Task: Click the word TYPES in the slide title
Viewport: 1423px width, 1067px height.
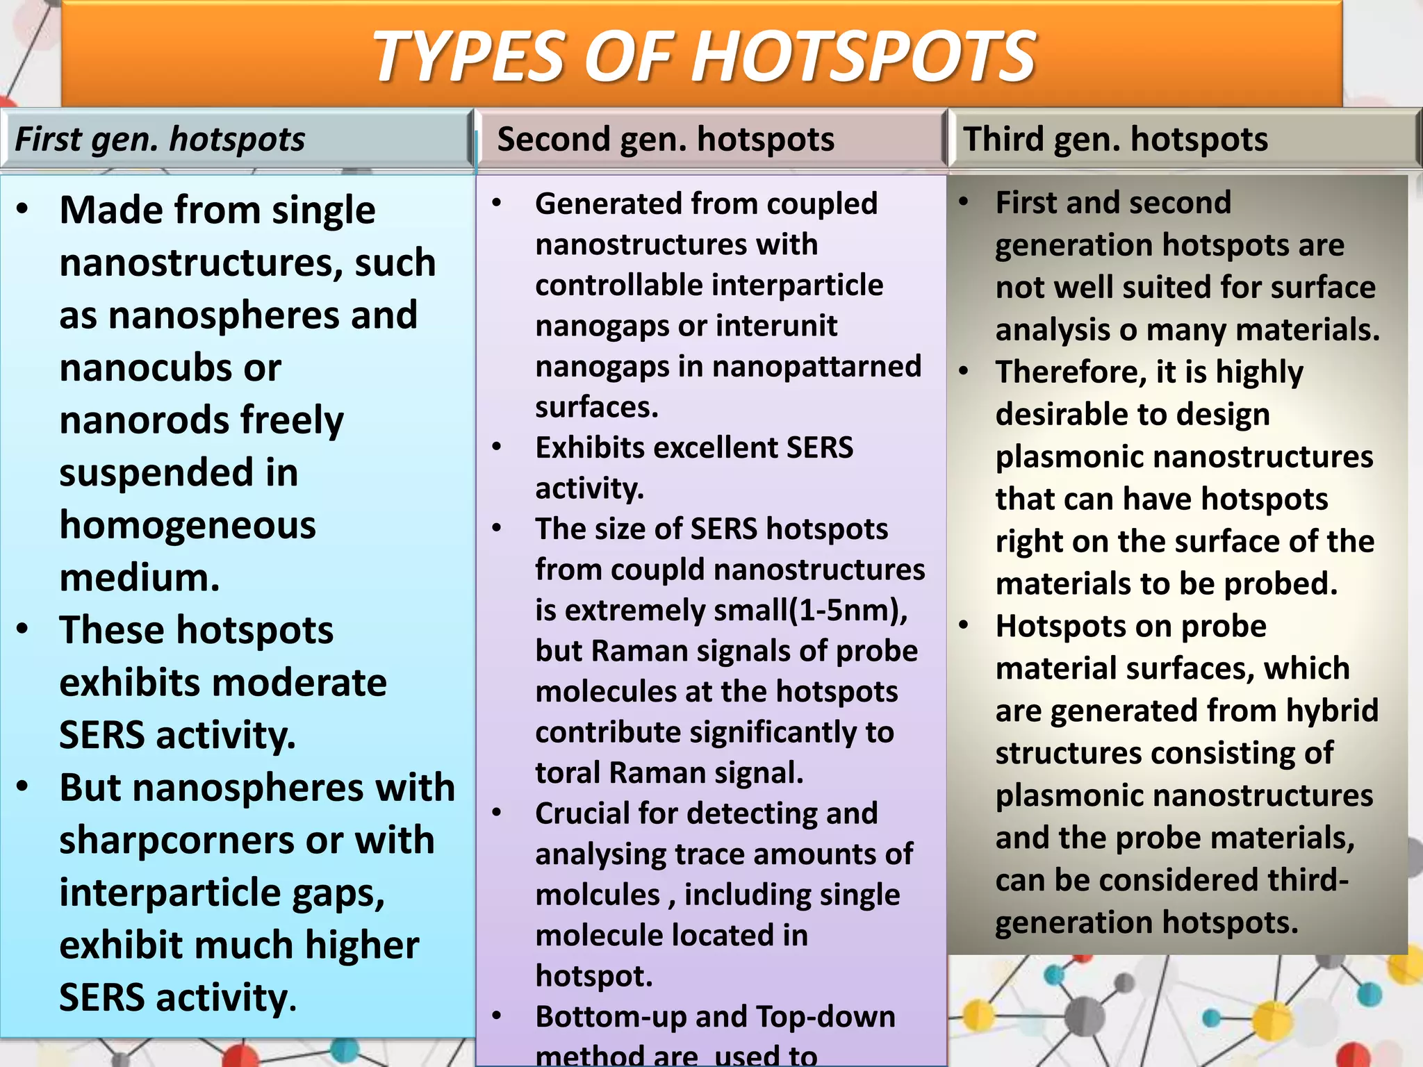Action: pyautogui.click(x=469, y=57)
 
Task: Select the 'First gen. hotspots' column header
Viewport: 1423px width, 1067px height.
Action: pyautogui.click(x=160, y=139)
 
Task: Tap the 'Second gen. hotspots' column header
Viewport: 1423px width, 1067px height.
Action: pyautogui.click(x=666, y=139)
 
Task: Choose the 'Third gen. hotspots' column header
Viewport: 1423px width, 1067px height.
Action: pyautogui.click(x=1115, y=139)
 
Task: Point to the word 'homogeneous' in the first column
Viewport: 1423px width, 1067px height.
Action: pyautogui.click(x=188, y=525)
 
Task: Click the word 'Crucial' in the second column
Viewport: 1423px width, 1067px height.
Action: pyautogui.click(x=580, y=813)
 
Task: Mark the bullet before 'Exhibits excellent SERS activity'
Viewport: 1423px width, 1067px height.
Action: pyautogui.click(x=496, y=447)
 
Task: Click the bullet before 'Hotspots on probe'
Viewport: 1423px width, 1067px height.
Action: pyautogui.click(x=963, y=626)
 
